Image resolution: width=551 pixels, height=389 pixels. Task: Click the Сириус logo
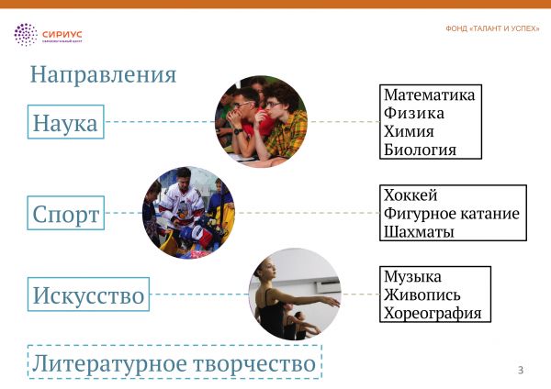pos(48,35)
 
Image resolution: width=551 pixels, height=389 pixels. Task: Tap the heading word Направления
pos(103,74)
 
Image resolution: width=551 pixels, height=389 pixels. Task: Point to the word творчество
pos(254,363)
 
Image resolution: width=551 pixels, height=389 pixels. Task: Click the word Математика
pos(429,95)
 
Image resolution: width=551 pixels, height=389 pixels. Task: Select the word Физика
pos(414,114)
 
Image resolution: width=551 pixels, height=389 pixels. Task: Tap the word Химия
pos(409,132)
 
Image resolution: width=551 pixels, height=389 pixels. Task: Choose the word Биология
pos(420,150)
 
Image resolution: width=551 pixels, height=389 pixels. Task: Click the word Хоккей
pos(410,195)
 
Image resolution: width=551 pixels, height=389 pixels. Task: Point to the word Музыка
pos(412,277)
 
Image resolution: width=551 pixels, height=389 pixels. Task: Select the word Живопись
pos(422,295)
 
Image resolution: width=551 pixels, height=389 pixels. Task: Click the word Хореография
pos(433,313)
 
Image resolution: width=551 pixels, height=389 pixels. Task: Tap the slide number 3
pos(521,370)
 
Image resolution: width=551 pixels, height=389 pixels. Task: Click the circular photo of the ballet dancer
pos(295,295)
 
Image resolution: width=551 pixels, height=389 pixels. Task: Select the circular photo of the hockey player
pos(188,213)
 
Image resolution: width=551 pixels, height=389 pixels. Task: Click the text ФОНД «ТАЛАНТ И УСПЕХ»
pos(492,28)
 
